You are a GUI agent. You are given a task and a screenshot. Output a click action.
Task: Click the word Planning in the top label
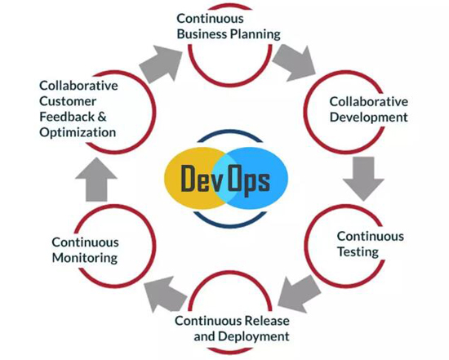(256, 34)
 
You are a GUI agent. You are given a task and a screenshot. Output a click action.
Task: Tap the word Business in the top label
(202, 33)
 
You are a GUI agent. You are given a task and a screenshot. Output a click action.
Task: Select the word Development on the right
(368, 118)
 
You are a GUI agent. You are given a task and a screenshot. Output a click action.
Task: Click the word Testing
(358, 252)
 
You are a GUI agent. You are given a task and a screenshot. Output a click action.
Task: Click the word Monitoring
(85, 258)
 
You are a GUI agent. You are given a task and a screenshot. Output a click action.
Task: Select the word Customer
(68, 101)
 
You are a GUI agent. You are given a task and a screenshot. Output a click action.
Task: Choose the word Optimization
(78, 132)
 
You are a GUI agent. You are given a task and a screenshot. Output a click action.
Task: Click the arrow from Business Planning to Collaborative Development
(295, 63)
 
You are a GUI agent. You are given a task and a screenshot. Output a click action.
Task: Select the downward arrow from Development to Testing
(363, 179)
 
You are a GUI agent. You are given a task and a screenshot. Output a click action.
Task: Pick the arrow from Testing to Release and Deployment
(299, 294)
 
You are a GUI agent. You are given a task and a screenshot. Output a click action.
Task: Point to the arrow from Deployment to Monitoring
(166, 295)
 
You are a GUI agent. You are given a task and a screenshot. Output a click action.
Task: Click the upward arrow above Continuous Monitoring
(96, 180)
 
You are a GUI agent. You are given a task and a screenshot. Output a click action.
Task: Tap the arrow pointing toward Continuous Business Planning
(161, 64)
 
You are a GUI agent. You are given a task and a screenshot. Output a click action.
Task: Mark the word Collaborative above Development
(369, 102)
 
